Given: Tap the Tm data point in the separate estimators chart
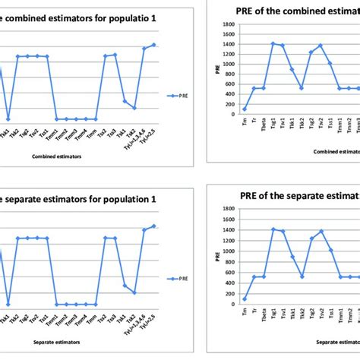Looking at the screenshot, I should (x=244, y=298).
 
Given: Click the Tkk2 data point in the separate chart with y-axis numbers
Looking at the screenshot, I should (x=302, y=276).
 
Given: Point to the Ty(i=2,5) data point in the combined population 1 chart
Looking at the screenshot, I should (x=153, y=45).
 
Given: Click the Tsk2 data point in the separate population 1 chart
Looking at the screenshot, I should (x=134, y=292).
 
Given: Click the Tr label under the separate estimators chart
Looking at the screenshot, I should (x=254, y=309).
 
